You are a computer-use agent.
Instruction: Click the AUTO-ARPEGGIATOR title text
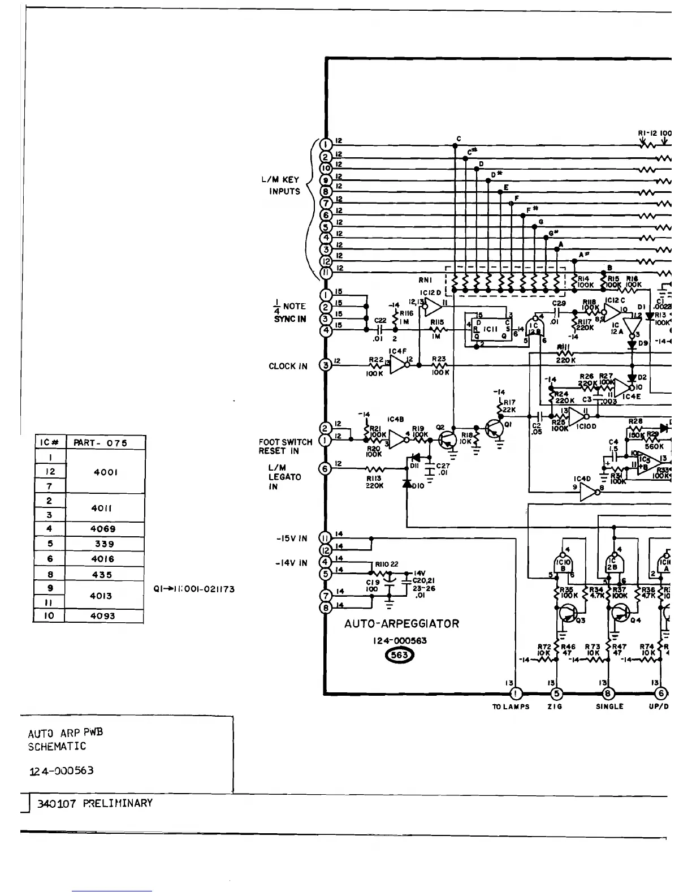[401, 624]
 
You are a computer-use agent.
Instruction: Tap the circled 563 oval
[399, 655]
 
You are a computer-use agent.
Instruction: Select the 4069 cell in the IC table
[105, 529]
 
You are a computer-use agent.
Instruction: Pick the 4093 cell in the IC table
[105, 616]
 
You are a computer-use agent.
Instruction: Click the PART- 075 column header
[105, 443]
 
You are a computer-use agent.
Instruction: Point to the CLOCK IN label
[288, 366]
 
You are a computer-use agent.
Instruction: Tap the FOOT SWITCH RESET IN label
[286, 446]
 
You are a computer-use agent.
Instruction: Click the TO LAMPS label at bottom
[511, 707]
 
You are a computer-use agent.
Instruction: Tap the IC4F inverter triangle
[399, 365]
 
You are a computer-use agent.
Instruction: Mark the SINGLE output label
[609, 707]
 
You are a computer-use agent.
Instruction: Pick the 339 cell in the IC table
[105, 544]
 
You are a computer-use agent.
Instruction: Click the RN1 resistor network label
[426, 279]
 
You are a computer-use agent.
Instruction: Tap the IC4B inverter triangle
[399, 440]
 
